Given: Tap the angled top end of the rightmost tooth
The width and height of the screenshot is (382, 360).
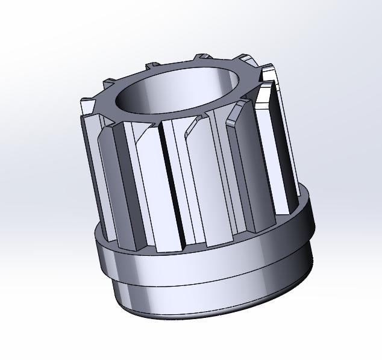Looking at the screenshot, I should coord(268,75).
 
